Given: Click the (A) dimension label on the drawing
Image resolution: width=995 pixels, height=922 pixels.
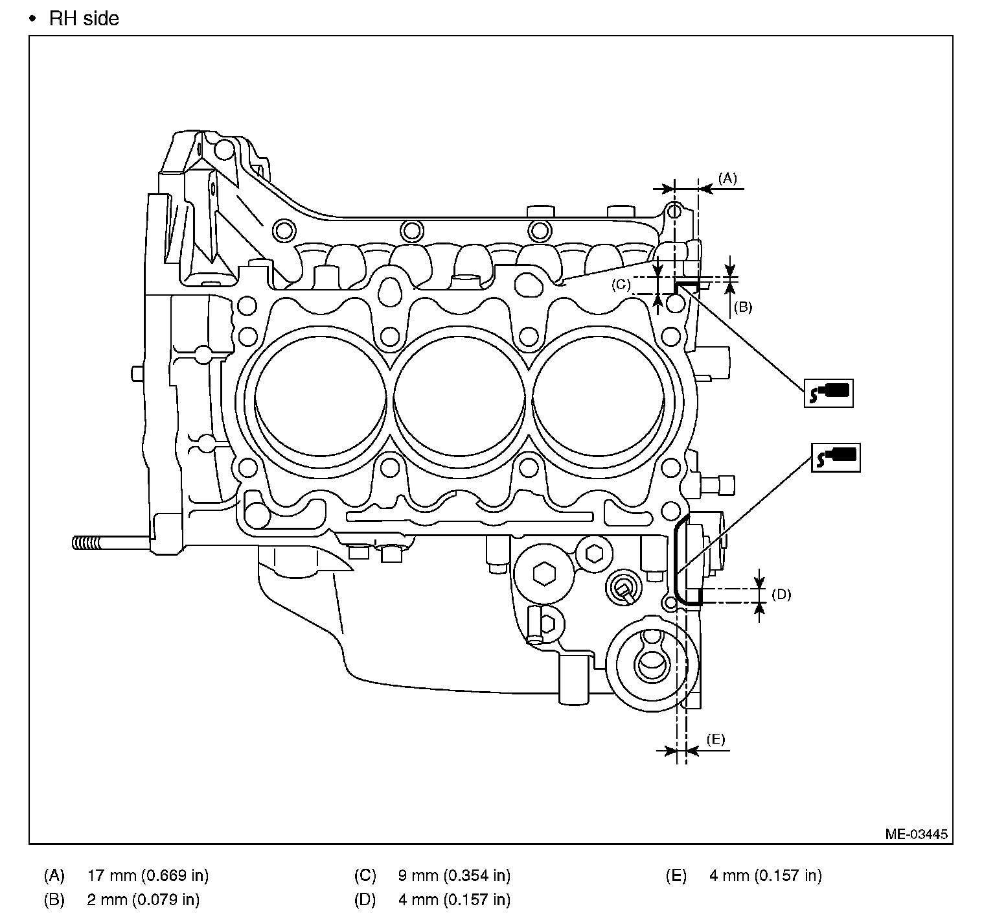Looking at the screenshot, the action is click(x=727, y=178).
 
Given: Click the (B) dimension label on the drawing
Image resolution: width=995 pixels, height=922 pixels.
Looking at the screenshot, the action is click(x=742, y=307).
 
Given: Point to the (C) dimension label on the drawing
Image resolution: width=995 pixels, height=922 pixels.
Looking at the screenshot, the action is click(x=621, y=284).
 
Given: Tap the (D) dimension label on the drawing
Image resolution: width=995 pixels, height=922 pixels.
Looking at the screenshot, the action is click(x=781, y=594).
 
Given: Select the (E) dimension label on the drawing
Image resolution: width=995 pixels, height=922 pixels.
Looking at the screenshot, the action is click(x=715, y=739).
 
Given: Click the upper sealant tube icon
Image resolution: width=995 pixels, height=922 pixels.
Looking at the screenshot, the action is click(x=829, y=393).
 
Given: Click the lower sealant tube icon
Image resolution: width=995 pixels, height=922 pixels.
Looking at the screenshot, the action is click(x=836, y=458).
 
